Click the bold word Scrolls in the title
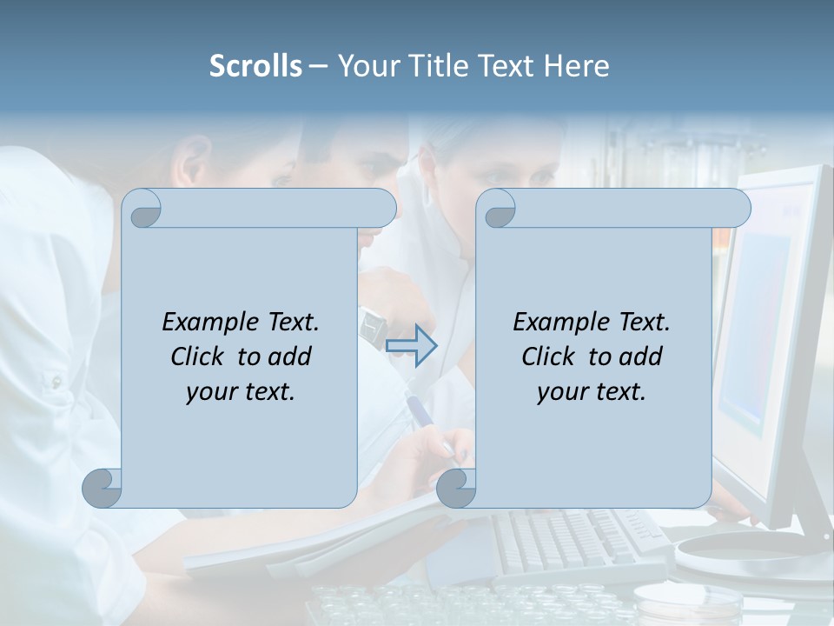tap(256, 66)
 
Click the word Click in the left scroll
tap(200, 356)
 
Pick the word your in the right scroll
tap(559, 391)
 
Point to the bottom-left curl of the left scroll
tap(103, 488)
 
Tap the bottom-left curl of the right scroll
tap(457, 488)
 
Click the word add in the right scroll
tap(639, 356)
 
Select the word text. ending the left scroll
tap(266, 391)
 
